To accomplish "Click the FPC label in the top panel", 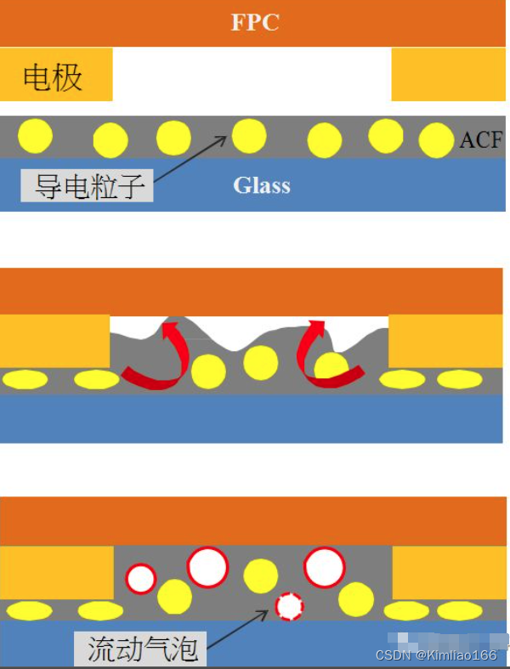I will pyautogui.click(x=255, y=22).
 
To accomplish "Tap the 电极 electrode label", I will pyautogui.click(x=53, y=78).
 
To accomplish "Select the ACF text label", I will pyautogui.click(x=481, y=139).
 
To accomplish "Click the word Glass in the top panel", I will pyautogui.click(x=262, y=185).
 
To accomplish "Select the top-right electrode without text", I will pyautogui.click(x=448, y=75).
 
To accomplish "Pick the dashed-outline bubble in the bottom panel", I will pyautogui.click(x=289, y=605).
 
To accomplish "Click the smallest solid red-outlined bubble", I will pyautogui.click(x=141, y=579).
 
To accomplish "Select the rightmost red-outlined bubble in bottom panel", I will pyautogui.click(x=324, y=567).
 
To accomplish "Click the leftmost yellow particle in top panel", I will pyautogui.click(x=35, y=135).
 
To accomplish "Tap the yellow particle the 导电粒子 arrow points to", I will pyautogui.click(x=249, y=135).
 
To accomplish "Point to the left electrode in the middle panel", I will pyautogui.click(x=55, y=341).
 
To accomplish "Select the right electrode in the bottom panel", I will pyautogui.click(x=448, y=572).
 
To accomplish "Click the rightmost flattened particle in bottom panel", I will pyautogui.click(x=459, y=610).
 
